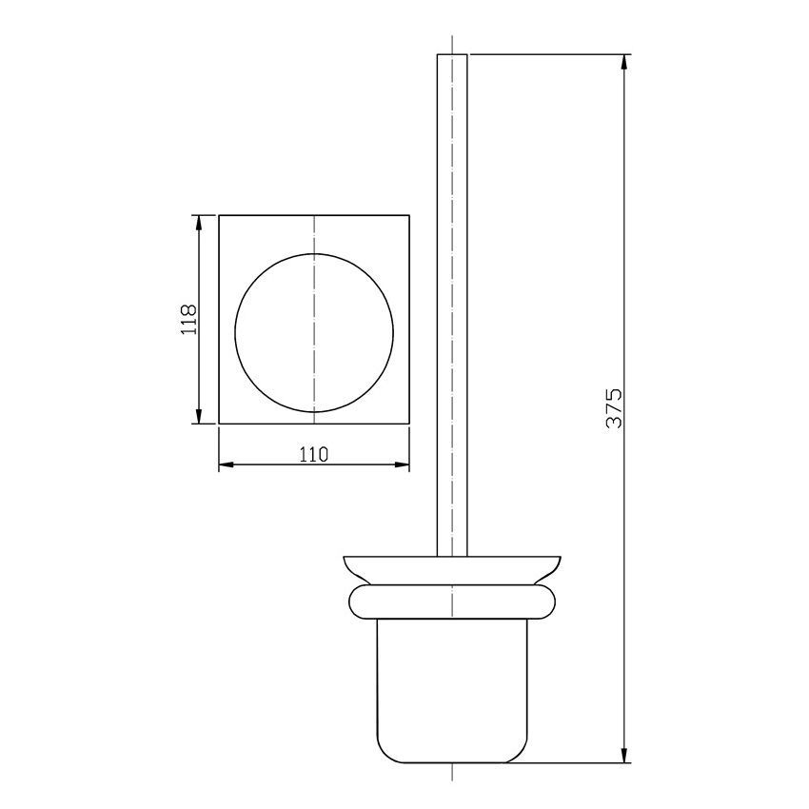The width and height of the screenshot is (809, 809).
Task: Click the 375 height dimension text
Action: click(614, 408)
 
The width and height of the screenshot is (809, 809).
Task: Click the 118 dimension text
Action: click(188, 318)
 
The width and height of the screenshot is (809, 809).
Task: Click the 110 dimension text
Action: click(314, 455)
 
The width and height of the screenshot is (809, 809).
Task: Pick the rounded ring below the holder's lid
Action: click(452, 602)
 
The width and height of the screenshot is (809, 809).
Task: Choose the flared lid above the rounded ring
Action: click(452, 569)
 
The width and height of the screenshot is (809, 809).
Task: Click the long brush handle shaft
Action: click(452, 305)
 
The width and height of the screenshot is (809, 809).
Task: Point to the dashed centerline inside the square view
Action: click(314, 238)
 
